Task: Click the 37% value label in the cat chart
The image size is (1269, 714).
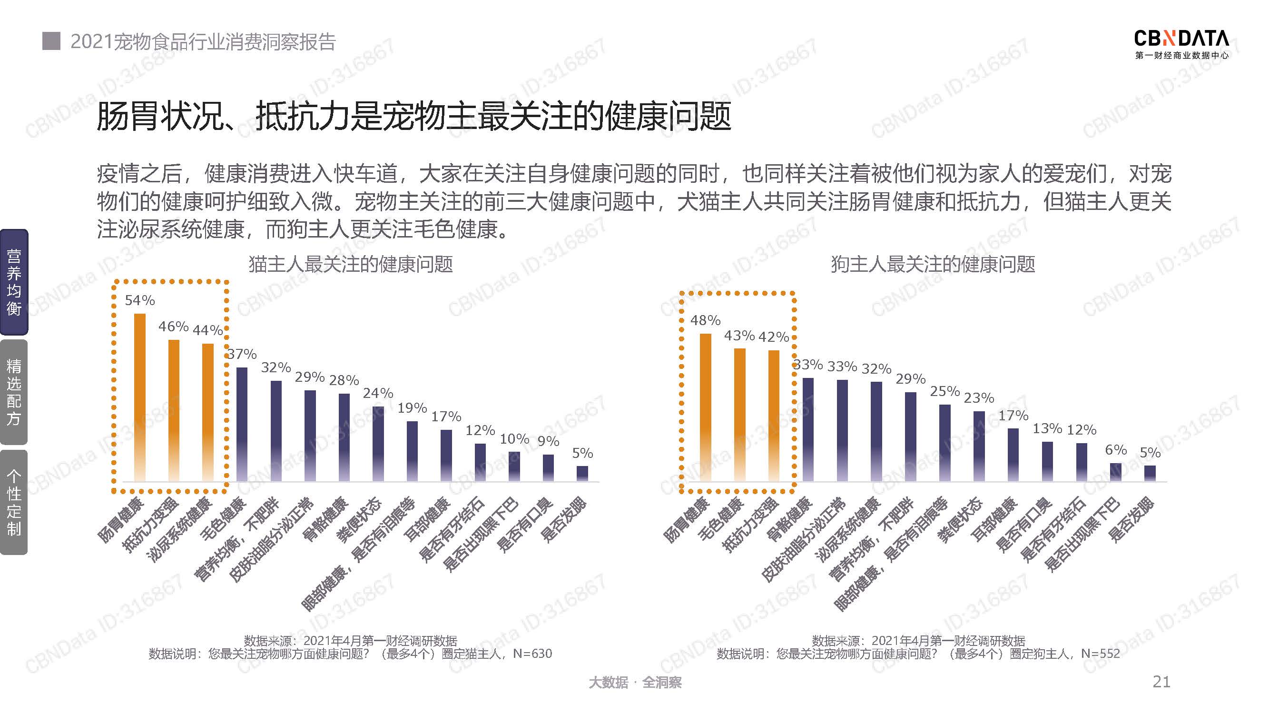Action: [242, 354]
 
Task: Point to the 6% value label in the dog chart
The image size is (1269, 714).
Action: [1116, 449]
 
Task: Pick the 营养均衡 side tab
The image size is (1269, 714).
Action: [14, 282]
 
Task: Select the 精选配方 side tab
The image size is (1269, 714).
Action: [14, 392]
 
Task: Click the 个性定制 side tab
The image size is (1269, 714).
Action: [14, 502]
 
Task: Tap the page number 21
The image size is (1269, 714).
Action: [1161, 682]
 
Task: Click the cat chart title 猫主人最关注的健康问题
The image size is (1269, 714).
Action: [350, 264]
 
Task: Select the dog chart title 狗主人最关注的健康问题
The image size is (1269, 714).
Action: [933, 264]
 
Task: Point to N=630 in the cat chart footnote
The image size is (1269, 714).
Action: [532, 654]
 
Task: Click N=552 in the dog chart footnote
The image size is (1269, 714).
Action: [1100, 654]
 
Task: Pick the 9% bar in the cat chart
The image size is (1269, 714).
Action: [548, 467]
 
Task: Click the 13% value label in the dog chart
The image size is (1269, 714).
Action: [1047, 428]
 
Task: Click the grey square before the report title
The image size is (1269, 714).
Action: [51, 41]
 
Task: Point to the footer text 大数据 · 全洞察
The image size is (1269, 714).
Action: [635, 682]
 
